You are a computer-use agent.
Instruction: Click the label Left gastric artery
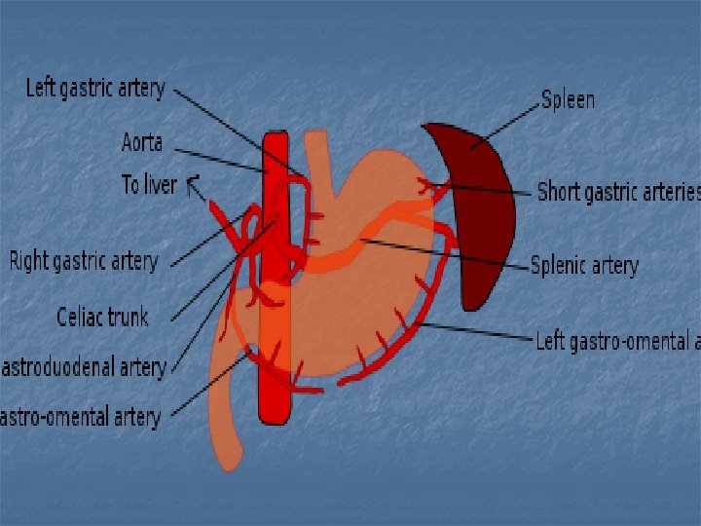[94, 89]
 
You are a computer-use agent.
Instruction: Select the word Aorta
[141, 143]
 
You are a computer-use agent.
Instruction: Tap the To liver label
[148, 184]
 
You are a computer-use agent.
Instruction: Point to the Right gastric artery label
[83, 261]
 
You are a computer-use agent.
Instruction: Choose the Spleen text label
[568, 99]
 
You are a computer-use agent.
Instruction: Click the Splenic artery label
[584, 265]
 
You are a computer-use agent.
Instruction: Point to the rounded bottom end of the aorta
[276, 417]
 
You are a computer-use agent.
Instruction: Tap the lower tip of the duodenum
[228, 458]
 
